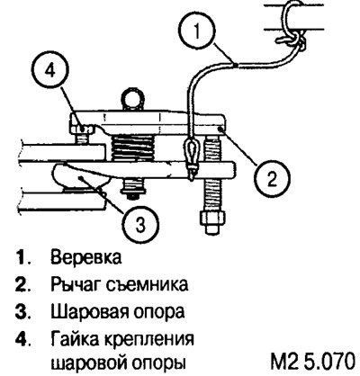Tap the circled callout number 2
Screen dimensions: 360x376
click(x=272, y=179)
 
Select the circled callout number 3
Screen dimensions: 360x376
click(x=141, y=224)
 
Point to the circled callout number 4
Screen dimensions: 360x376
click(x=50, y=71)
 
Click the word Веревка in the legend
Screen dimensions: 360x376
click(x=86, y=257)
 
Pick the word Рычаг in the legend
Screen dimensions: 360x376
click(x=76, y=284)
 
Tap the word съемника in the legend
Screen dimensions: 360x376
click(x=147, y=284)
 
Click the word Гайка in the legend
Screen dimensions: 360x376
click(x=75, y=339)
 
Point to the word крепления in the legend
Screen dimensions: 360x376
click(x=149, y=340)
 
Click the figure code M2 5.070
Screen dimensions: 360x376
click(x=313, y=362)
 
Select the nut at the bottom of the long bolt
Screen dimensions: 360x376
click(x=212, y=222)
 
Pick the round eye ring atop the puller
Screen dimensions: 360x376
click(x=131, y=98)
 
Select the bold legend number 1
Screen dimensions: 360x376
click(x=22, y=257)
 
